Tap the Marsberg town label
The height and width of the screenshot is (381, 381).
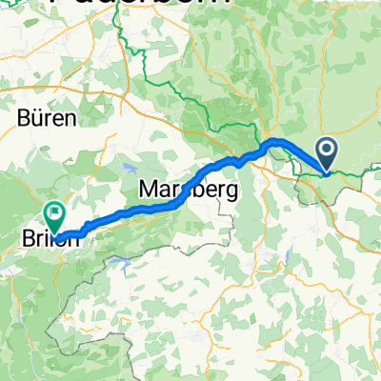(x=188, y=189)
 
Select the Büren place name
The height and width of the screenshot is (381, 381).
(x=45, y=120)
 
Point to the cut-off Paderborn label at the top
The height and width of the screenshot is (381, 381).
(x=152, y=4)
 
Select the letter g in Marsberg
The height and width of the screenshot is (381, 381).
(x=228, y=190)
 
